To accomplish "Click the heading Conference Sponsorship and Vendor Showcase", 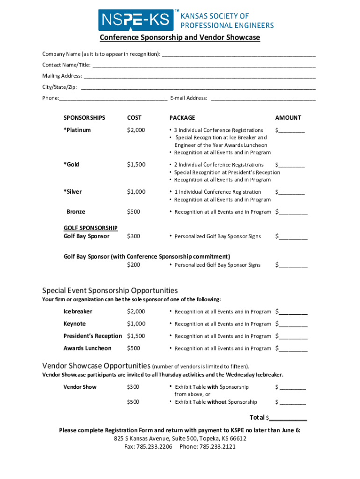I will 180,37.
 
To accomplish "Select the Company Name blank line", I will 238,54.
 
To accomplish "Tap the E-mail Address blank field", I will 264,98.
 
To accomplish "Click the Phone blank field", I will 113,98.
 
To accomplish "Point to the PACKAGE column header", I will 182,118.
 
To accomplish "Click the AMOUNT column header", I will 288,118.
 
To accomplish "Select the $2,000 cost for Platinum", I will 136,130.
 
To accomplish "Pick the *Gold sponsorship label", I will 72,165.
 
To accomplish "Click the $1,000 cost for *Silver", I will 136,192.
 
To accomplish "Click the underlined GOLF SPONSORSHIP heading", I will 91,228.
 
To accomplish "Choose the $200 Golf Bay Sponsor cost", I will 133,265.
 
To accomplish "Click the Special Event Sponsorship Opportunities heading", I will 110,290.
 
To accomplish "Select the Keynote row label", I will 75,324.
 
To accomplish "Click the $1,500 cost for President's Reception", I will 136,336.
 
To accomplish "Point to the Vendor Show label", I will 80,387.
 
